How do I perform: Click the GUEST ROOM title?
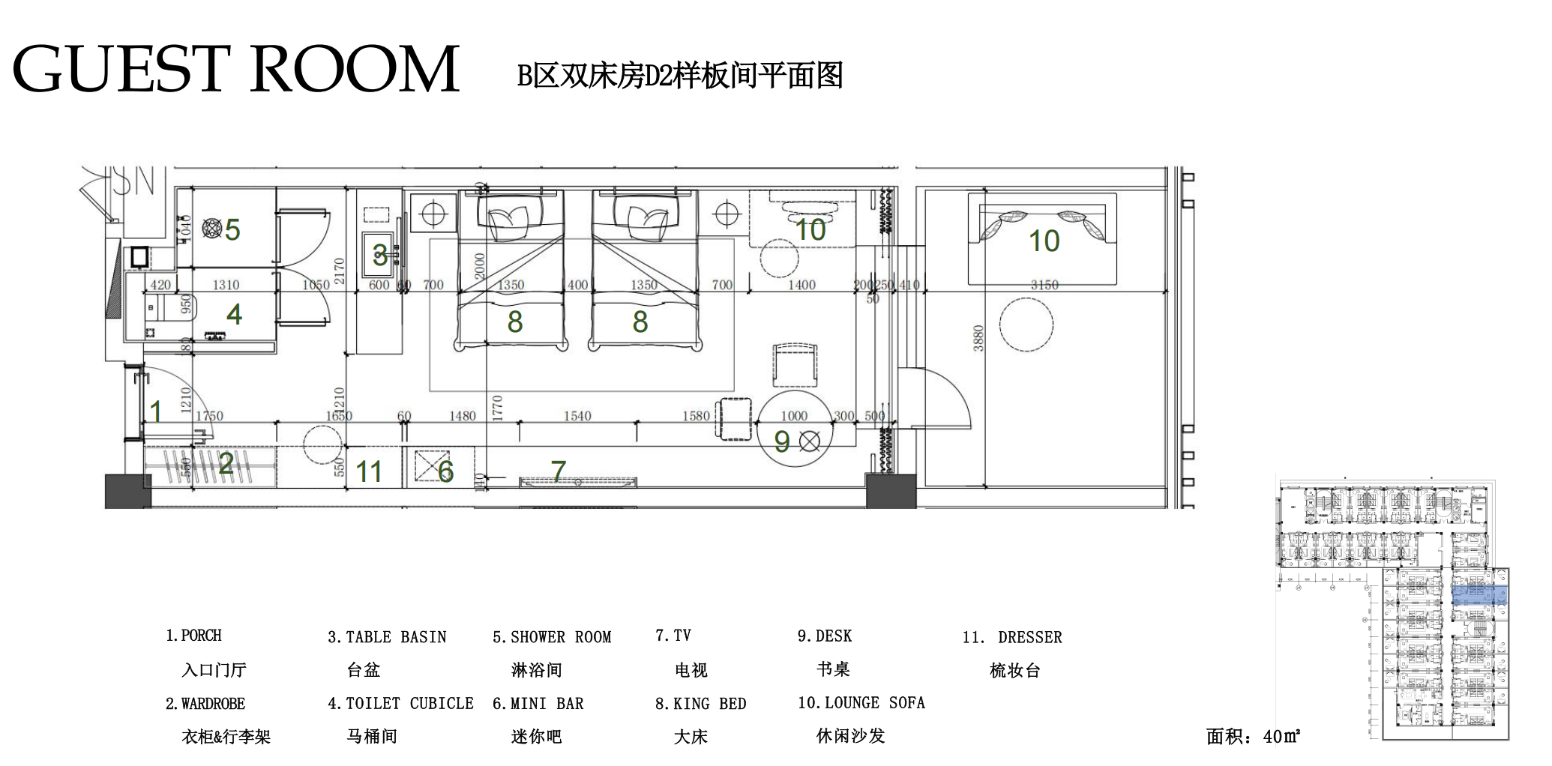tap(235, 69)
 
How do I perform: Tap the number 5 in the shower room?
tap(232, 230)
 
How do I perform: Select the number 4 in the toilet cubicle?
tap(234, 315)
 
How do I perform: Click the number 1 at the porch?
tap(156, 411)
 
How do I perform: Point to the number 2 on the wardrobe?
tap(226, 464)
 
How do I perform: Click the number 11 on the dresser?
tap(369, 472)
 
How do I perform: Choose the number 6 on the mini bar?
tap(446, 471)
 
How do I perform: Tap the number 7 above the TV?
tap(559, 471)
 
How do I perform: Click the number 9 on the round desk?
tap(782, 442)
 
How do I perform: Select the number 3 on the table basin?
tap(380, 256)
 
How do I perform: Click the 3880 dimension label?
tap(978, 338)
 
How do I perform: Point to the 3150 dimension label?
tap(1044, 285)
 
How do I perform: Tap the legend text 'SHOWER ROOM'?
tap(560, 638)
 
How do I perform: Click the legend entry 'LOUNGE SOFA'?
tap(874, 703)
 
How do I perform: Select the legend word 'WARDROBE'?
tap(213, 704)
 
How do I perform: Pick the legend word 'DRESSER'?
tap(1029, 638)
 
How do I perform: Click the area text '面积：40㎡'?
tap(1253, 737)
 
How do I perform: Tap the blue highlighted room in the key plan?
tap(1479, 596)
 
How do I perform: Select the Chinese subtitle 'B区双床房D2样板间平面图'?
tap(680, 76)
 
